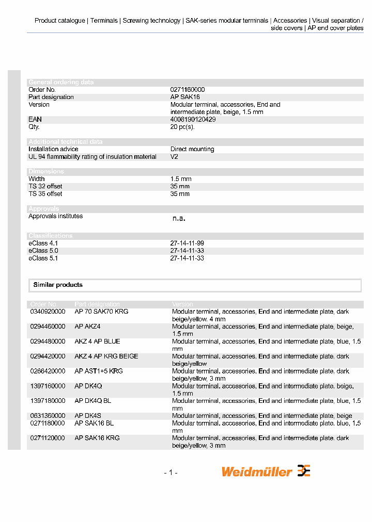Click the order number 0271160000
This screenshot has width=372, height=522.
(x=187, y=90)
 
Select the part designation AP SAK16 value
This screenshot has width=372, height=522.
(x=185, y=97)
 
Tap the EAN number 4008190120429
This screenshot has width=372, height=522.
(x=193, y=119)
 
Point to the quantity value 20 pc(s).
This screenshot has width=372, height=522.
(x=182, y=127)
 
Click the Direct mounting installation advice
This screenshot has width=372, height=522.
(x=192, y=149)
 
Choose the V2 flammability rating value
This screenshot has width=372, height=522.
(x=174, y=157)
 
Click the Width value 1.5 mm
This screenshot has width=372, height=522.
(x=180, y=179)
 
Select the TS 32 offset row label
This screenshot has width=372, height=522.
(x=45, y=186)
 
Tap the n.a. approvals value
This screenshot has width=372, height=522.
(x=178, y=219)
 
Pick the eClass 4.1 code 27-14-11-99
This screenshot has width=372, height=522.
(x=187, y=243)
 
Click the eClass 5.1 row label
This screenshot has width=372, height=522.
(x=43, y=258)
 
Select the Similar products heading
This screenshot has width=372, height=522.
(x=58, y=285)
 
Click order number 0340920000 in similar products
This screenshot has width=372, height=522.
(x=48, y=312)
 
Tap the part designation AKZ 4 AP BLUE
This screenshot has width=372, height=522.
(x=97, y=341)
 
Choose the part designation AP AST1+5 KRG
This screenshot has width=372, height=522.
(x=98, y=371)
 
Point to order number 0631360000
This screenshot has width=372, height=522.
(x=48, y=416)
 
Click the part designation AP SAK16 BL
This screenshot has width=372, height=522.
(x=94, y=423)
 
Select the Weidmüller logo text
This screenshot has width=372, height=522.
(x=257, y=471)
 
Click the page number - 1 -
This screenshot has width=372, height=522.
(x=171, y=472)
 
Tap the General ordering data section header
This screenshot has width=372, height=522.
(x=61, y=82)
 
